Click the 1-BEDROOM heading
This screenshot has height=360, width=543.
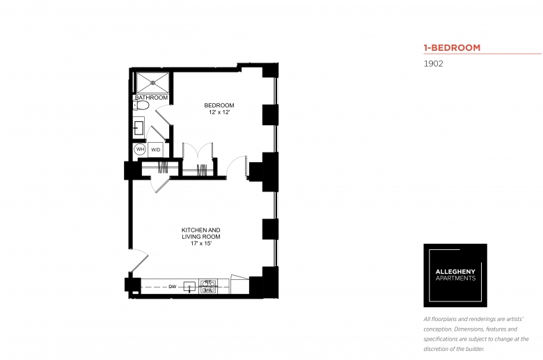click(452, 47)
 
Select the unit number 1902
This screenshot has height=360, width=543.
click(433, 64)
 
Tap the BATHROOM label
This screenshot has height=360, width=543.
click(151, 97)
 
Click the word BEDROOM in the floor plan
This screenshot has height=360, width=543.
click(219, 105)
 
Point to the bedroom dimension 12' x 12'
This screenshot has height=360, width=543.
click(219, 112)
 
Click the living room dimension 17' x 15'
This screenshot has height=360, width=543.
click(201, 243)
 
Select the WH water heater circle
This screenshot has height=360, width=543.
click(140, 149)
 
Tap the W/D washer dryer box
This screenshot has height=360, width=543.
click(155, 150)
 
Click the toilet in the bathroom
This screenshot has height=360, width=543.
click(141, 105)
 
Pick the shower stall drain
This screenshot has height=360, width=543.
click(152, 82)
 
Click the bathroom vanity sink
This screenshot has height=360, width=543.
click(138, 127)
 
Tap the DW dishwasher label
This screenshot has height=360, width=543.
click(173, 287)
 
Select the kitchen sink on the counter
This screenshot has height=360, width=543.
click(189, 287)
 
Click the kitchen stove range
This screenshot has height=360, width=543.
click(208, 287)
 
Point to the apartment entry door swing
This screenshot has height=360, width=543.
click(139, 260)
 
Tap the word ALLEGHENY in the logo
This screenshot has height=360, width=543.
click(455, 272)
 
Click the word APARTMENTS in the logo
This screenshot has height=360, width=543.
click(455, 278)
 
